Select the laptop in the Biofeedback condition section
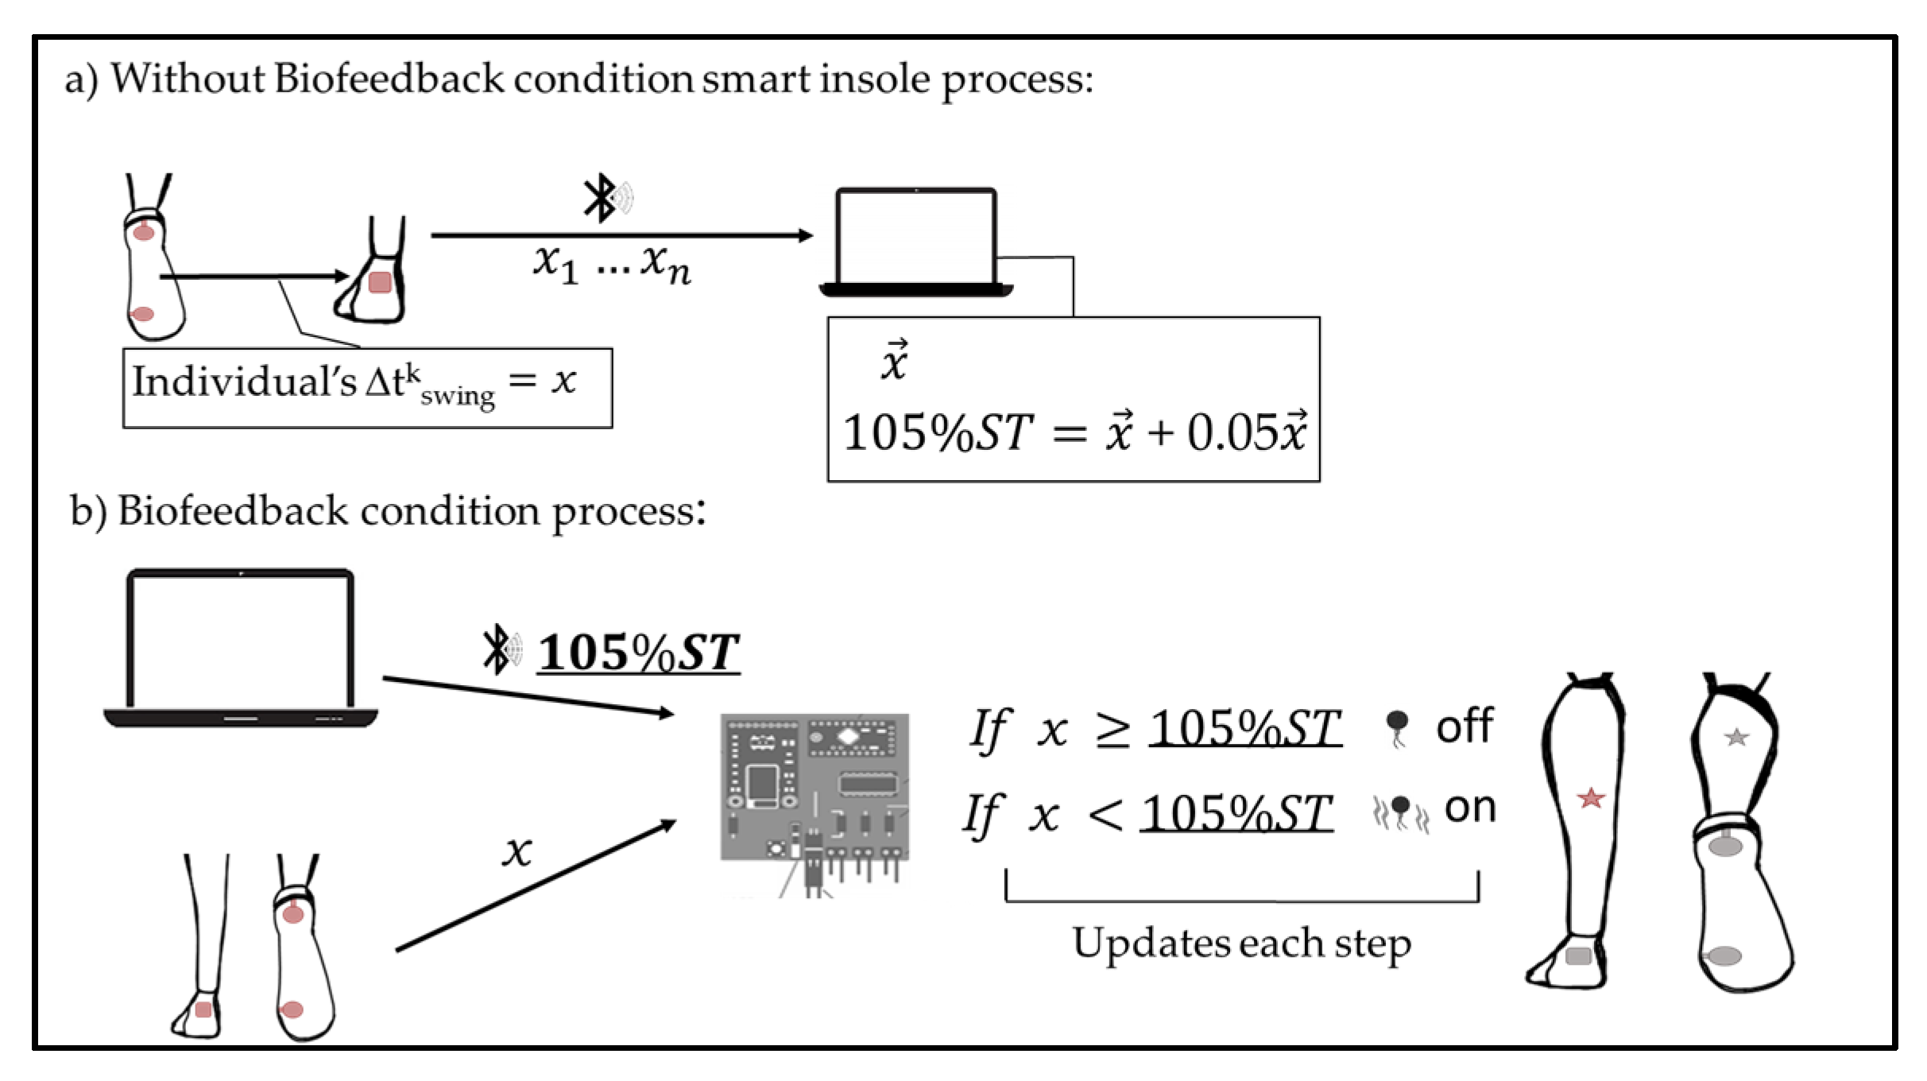(241, 648)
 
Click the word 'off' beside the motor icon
(1464, 726)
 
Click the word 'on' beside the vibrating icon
(1469, 808)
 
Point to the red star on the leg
(1591, 797)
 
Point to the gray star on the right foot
(1736, 737)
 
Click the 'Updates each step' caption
(1241, 943)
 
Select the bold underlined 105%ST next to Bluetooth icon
(638, 653)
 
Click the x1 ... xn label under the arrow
(610, 264)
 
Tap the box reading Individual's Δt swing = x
(367, 387)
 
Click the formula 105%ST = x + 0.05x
(1073, 433)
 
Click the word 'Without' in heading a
(187, 79)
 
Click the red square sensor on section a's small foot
(380, 282)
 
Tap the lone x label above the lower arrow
(517, 852)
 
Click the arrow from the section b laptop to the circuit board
(528, 695)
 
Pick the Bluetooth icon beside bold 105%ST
(500, 649)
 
